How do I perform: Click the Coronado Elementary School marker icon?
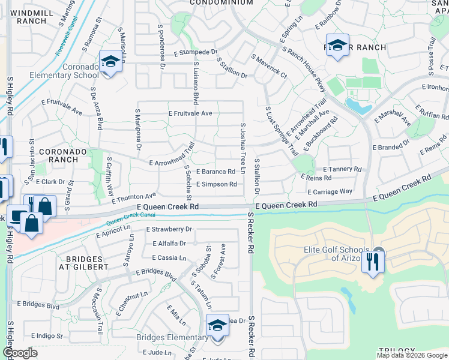(x=110, y=62)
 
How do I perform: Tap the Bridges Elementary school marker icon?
(x=217, y=326)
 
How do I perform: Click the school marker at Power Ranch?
(x=338, y=46)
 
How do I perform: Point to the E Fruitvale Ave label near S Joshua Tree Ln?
(x=190, y=113)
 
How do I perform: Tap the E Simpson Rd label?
(x=216, y=184)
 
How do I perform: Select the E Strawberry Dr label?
(x=169, y=229)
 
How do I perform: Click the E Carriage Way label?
(x=330, y=192)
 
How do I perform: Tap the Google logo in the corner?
(x=19, y=352)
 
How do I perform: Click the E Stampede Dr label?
(x=196, y=52)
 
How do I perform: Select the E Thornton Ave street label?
(x=133, y=196)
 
